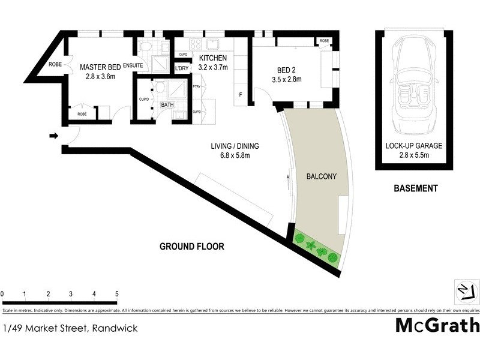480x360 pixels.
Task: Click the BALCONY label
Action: [321, 177]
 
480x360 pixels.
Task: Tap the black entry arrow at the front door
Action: [53, 136]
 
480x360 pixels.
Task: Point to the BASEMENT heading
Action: [415, 188]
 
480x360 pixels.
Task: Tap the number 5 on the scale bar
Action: [117, 294]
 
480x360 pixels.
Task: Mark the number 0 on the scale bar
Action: [2, 294]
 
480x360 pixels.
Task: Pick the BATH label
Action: [167, 105]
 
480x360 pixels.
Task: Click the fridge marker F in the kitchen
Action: [241, 94]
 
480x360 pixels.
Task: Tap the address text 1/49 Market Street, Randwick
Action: [70, 328]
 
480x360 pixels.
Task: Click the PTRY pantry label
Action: [196, 87]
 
